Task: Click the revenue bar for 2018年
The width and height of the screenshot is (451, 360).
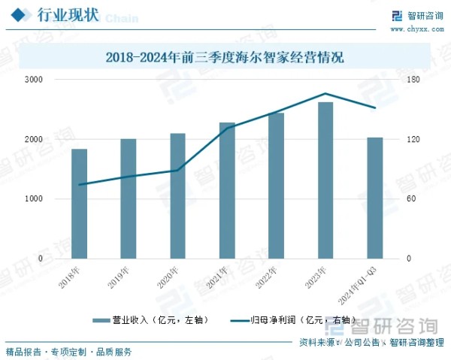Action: tap(79, 203)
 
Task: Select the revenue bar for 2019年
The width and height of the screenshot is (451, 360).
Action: tap(129, 198)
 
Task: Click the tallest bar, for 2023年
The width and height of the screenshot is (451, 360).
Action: tap(325, 180)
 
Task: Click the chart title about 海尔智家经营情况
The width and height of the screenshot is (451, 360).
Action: tap(225, 57)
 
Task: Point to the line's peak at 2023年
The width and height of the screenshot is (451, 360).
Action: tap(325, 94)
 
